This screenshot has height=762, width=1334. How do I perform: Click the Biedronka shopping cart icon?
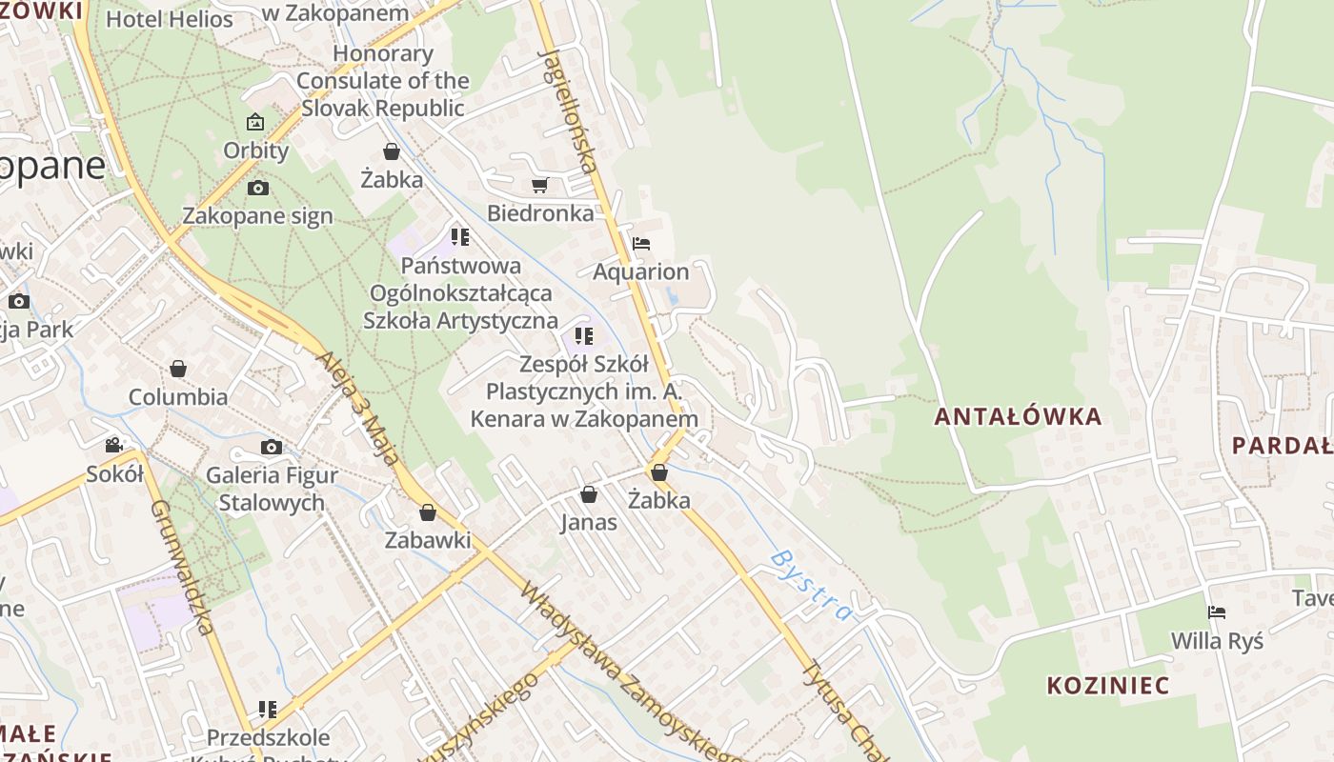coord(539,185)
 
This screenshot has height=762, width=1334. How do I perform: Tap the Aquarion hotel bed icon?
coord(641,244)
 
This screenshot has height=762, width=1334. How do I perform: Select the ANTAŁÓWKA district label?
coord(1018,416)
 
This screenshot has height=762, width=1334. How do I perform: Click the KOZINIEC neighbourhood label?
coord(1107,685)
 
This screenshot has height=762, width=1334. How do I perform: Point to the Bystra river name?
coord(811,584)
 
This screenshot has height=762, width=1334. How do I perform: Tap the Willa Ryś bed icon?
coord(1216,612)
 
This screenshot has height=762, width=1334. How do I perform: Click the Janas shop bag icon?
coord(589,494)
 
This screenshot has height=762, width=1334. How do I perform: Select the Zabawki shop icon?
coord(428,512)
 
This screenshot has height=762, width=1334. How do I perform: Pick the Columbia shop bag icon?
coord(178,369)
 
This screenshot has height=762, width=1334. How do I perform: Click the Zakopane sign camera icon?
coord(257,188)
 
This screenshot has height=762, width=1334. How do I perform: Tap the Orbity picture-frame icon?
coord(255,122)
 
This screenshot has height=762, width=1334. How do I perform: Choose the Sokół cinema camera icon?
coord(114,445)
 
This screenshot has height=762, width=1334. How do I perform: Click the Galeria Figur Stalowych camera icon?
coord(271,447)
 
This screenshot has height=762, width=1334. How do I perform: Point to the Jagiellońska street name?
coord(569,110)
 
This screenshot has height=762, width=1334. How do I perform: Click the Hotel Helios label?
coord(170,19)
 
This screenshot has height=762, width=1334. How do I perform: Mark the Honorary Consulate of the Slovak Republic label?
coord(383,81)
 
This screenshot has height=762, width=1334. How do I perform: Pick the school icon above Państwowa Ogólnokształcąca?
coord(460,236)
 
